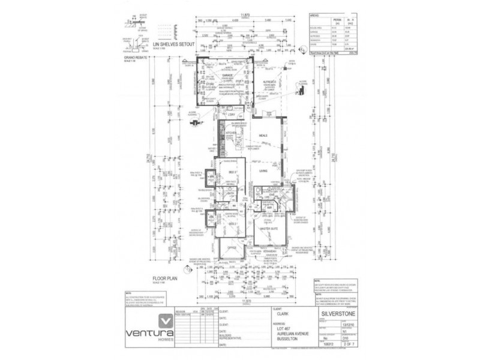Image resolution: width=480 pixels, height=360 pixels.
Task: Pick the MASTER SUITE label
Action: pyautogui.click(x=268, y=229)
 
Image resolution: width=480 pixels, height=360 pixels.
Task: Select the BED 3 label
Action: pyautogui.click(x=231, y=173)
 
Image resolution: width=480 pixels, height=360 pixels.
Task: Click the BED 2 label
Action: pyautogui.click(x=231, y=221)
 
